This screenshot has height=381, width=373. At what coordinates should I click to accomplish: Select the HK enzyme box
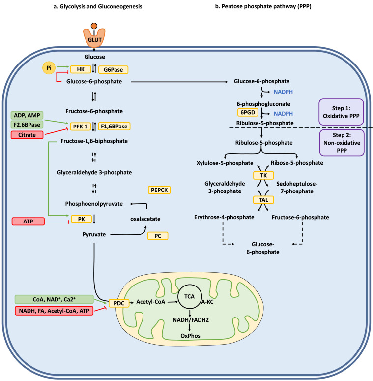click(x=80, y=70)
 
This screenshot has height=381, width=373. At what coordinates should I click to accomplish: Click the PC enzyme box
click(x=158, y=236)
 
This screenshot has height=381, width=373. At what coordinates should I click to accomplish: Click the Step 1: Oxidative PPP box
click(x=341, y=111)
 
